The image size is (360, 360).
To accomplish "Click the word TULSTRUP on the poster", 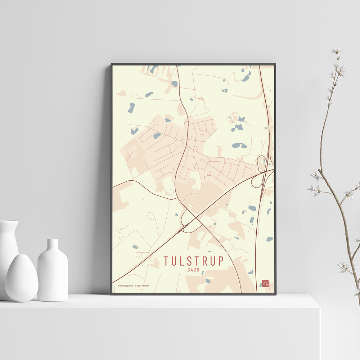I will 194,261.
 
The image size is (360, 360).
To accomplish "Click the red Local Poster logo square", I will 265,284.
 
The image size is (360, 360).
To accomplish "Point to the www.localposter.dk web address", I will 126,286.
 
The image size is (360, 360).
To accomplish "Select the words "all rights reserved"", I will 141,286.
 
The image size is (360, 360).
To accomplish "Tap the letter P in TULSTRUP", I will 221,261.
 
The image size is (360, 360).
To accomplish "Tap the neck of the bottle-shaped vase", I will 53,245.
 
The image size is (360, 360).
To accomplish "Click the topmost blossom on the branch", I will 336,50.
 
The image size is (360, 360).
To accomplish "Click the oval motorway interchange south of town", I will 191,220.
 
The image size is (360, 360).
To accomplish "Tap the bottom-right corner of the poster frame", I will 275,294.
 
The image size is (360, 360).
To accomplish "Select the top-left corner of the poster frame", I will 112,64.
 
